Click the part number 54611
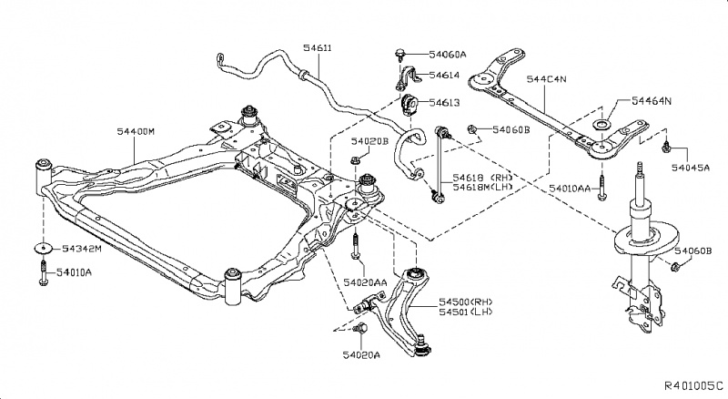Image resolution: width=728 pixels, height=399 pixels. click(x=318, y=46)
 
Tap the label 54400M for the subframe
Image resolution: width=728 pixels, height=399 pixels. click(x=136, y=132)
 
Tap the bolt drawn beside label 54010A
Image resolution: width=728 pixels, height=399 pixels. click(x=43, y=272)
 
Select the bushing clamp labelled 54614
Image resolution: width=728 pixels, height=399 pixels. click(x=404, y=77)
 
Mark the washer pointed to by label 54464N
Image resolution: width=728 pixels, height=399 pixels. click(x=601, y=124)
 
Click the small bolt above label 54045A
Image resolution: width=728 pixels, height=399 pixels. click(x=666, y=145)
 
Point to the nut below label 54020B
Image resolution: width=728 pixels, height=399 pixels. click(x=358, y=164)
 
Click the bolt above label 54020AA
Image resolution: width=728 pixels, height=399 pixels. click(x=355, y=243)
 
